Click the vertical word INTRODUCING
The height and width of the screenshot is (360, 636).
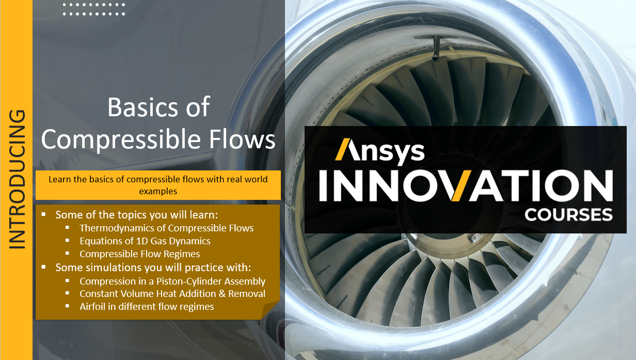pos(17,179)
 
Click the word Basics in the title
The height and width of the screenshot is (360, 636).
pos(143,107)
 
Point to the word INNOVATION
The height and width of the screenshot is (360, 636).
pos(466,185)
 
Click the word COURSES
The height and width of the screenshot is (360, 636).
pos(568,215)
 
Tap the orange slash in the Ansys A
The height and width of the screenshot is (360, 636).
pos(342,149)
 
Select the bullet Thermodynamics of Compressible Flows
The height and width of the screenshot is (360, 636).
pos(166,228)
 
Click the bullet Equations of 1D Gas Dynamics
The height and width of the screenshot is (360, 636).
pos(145,241)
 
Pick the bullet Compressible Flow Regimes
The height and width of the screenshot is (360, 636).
pos(140,254)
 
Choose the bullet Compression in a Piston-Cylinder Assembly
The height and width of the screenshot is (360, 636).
pos(172,281)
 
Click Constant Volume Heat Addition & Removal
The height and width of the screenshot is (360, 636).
pos(172,293)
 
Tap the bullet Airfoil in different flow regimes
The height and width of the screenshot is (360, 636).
pos(147,307)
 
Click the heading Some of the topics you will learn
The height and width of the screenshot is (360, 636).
pos(137,215)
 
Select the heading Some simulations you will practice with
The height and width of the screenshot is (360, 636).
pos(153,268)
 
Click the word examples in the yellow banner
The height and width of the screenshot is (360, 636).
pos(158,191)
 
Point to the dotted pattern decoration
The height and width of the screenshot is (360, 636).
pos(94,9)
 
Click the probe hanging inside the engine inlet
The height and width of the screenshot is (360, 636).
pos(436,49)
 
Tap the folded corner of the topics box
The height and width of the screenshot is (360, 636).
pos(269,310)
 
